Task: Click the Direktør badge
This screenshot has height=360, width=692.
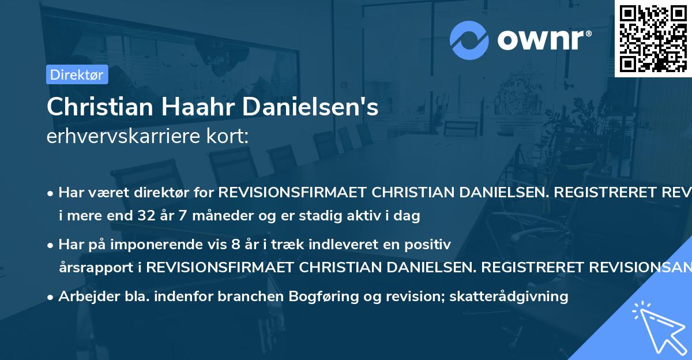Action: pos(77,74)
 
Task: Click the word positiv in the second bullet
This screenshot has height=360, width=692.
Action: pos(429,245)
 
